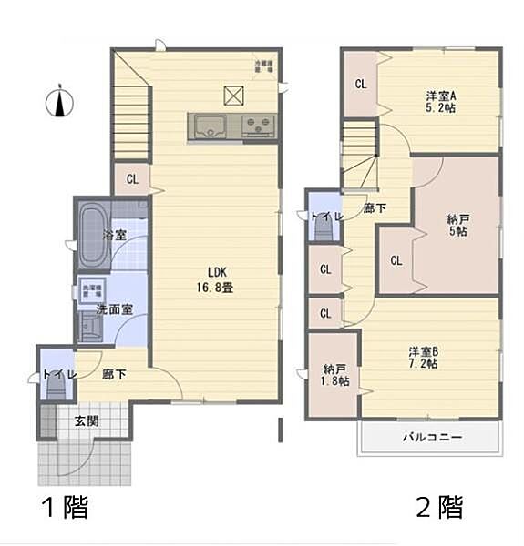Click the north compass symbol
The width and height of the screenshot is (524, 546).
click(x=60, y=101)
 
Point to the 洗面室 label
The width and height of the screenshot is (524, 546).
click(x=115, y=308)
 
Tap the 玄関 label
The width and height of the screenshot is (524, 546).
click(x=87, y=420)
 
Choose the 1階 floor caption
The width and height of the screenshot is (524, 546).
click(x=63, y=506)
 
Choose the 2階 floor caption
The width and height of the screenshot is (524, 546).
click(x=439, y=506)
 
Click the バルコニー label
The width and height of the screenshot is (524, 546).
click(x=433, y=438)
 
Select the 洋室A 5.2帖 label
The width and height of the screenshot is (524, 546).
click(x=439, y=101)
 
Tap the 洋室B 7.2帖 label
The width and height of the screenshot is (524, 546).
click(x=423, y=357)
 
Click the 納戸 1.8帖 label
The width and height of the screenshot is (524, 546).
click(x=334, y=375)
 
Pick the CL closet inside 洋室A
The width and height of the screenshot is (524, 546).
click(x=361, y=85)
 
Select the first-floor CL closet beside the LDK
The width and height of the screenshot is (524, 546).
click(x=132, y=178)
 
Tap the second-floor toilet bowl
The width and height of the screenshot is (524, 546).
click(x=324, y=227)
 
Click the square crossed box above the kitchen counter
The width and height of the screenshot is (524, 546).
click(x=232, y=93)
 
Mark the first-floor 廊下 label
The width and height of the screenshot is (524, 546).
click(x=114, y=373)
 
